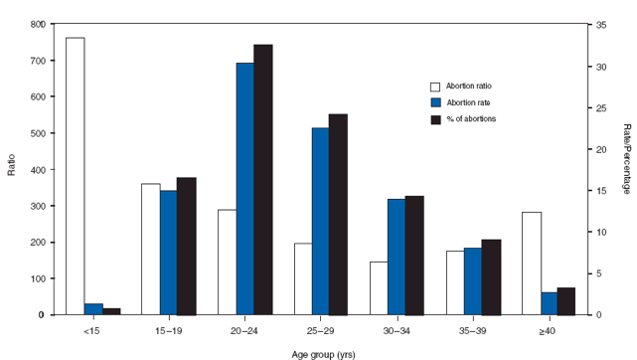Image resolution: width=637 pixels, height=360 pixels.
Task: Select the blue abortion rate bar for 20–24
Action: (x=244, y=189)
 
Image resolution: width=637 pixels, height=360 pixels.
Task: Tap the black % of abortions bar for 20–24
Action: (x=263, y=180)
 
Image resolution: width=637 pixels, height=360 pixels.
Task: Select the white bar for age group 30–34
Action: (x=379, y=288)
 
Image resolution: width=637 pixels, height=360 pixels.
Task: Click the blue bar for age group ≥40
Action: (x=550, y=303)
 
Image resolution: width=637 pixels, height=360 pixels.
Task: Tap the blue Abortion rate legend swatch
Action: (x=435, y=102)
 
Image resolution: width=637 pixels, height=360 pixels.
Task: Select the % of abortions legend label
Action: (x=471, y=118)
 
